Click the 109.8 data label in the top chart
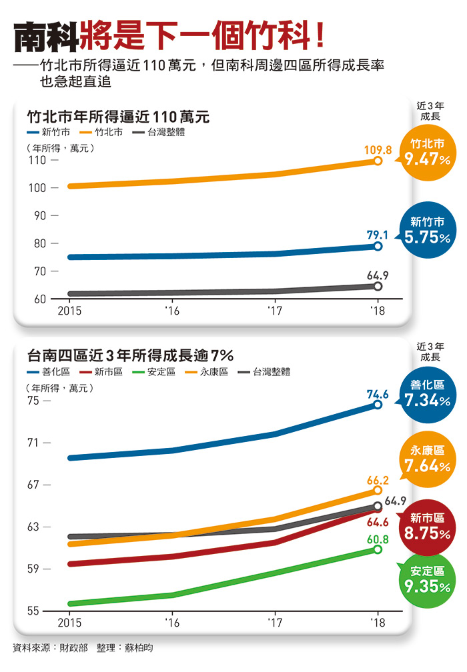[x=378, y=150]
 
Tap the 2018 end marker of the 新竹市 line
[x=378, y=246]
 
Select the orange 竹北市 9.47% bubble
[x=428, y=153]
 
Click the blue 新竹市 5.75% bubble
[x=428, y=230]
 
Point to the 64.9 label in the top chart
[x=378, y=275]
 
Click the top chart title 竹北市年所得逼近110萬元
[x=118, y=117]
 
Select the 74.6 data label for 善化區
[x=378, y=394]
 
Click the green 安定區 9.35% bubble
[x=428, y=580]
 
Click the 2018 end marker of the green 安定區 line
[x=378, y=549]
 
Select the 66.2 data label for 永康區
[x=378, y=480]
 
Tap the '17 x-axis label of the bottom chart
[x=274, y=623]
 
